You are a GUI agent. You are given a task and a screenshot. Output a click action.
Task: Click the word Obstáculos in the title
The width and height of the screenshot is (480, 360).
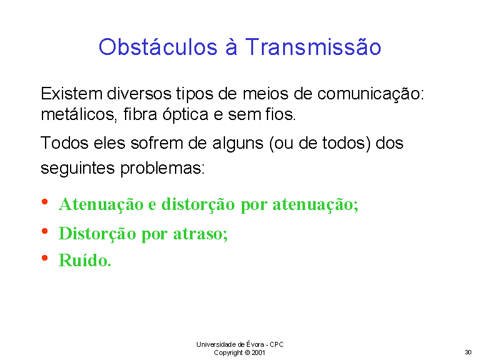pos(158,47)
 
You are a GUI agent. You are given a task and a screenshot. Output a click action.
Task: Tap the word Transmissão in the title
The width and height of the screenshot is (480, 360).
pos(313,47)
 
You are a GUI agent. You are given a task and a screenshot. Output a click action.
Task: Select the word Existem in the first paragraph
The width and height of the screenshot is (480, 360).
pos(72,93)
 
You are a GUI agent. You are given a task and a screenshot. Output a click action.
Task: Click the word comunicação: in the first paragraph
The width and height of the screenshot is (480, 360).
pos(371,94)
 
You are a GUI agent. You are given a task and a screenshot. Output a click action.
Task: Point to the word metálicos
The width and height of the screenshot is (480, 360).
pos(79,115)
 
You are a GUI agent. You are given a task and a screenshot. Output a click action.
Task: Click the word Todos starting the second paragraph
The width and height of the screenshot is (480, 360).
pos(64,143)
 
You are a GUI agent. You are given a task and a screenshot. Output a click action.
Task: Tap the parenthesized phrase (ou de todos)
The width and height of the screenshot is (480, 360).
pos(320,144)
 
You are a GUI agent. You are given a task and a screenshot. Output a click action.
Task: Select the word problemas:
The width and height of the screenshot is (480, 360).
pos(162,168)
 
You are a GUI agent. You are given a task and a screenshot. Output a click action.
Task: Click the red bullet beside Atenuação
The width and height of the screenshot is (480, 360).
pos(45,202)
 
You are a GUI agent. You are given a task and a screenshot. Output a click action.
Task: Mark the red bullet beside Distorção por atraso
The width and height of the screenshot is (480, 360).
pos(45,231)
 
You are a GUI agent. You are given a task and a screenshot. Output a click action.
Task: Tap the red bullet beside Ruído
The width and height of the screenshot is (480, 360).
pos(45,258)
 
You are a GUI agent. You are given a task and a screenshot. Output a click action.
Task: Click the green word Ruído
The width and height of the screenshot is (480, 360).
pos(85,261)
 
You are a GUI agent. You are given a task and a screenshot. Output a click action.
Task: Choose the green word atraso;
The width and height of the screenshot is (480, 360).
pos(201,234)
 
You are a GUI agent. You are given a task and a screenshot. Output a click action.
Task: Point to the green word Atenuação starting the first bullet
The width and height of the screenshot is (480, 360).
pos(101,205)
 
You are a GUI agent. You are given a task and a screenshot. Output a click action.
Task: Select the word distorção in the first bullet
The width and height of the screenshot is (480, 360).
pos(198,205)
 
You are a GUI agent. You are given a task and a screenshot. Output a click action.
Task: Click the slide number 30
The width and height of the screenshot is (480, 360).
pos(467,352)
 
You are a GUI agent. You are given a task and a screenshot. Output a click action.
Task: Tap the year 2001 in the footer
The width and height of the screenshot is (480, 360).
pos(258,352)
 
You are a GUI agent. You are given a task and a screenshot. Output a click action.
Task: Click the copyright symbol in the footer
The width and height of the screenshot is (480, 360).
pos(247,352)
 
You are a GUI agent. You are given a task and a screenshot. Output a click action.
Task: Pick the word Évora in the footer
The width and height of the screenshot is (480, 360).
pos(255,344)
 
